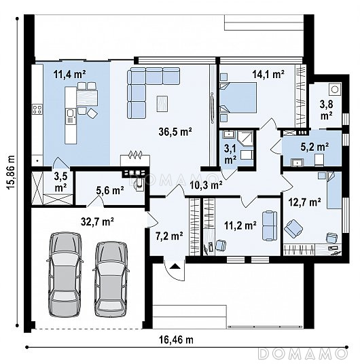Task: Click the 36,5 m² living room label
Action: pyautogui.click(x=175, y=132)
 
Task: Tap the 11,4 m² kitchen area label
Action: pyautogui.click(x=69, y=74)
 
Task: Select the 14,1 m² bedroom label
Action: pyautogui.click(x=268, y=74)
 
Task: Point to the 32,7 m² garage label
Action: pyautogui.click(x=97, y=221)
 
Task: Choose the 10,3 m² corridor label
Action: pyautogui.click(x=206, y=185)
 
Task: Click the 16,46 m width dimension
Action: pyautogui.click(x=176, y=340)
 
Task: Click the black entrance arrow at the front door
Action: pyautogui.click(x=175, y=266)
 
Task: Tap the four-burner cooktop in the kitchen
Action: pyautogui.click(x=37, y=109)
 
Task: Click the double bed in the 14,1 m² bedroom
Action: pyautogui.click(x=238, y=98)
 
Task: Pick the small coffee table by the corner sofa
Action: pyautogui.click(x=162, y=103)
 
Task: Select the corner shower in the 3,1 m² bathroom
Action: pyautogui.click(x=245, y=139)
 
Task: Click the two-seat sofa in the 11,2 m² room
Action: pyautogui.click(x=270, y=225)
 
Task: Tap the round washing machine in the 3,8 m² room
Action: pyautogui.click(x=335, y=89)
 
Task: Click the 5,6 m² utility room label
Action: pyautogui.click(x=109, y=191)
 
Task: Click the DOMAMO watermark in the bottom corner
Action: pyautogui.click(x=303, y=354)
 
